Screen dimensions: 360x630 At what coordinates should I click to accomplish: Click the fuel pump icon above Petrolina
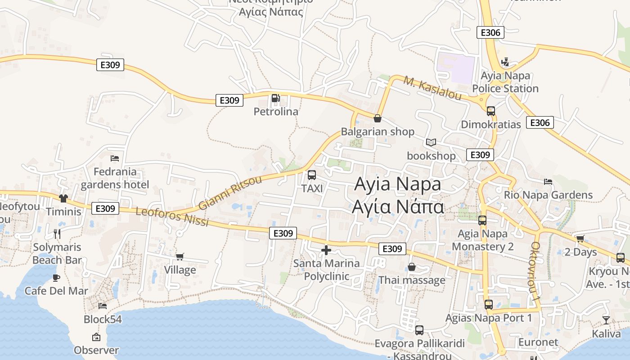pos(275,98)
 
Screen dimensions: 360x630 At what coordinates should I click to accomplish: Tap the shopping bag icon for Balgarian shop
pos(378,118)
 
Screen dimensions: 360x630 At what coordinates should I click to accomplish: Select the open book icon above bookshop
pos(431,143)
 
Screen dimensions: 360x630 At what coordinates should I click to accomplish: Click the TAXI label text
pos(312,189)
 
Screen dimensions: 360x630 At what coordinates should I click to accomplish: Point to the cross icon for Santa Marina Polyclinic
pos(326,250)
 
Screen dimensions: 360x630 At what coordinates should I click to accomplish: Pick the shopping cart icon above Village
pos(180,256)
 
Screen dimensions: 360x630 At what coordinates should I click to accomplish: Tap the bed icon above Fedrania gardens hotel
pos(115,158)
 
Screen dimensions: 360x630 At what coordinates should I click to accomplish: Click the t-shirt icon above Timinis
pos(63,198)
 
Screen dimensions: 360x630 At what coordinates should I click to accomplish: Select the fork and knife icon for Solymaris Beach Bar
pos(57,234)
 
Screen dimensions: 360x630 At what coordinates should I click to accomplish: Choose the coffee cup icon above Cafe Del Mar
pos(56,278)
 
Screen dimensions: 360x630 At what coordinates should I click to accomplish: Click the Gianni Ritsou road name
pos(230,193)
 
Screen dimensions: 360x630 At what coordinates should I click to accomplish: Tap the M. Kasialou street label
pos(432,88)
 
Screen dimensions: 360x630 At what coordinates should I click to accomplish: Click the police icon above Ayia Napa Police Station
pos(505,62)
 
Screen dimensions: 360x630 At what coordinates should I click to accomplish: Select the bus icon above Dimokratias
pos(490,111)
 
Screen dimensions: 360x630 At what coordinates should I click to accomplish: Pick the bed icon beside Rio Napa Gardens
pos(548,182)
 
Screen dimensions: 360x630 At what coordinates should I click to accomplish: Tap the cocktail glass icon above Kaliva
pos(606,320)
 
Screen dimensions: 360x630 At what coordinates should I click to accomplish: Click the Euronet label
pos(538,342)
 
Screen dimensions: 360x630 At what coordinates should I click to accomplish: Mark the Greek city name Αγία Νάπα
pos(398,207)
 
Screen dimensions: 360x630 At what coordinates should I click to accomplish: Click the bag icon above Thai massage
pos(411,267)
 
